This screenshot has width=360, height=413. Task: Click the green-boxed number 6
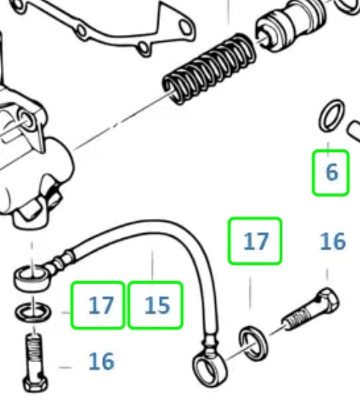click(332, 173)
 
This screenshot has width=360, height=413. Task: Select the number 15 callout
click(155, 305)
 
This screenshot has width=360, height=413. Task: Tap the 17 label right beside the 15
click(98, 305)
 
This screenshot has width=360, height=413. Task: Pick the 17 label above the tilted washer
click(255, 241)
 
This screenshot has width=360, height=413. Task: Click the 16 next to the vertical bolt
click(102, 361)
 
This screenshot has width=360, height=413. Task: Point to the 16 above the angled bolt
click(333, 241)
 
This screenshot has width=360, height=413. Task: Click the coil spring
click(209, 69)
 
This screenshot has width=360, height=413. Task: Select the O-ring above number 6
click(332, 115)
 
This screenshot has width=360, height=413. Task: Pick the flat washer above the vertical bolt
click(33, 312)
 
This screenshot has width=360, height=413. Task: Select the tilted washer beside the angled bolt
click(253, 344)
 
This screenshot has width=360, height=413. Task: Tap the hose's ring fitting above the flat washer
click(32, 278)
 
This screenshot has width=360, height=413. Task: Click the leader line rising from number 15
click(152, 265)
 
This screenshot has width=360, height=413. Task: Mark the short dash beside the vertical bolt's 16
click(65, 367)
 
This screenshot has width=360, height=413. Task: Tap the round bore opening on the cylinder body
click(27, 120)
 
